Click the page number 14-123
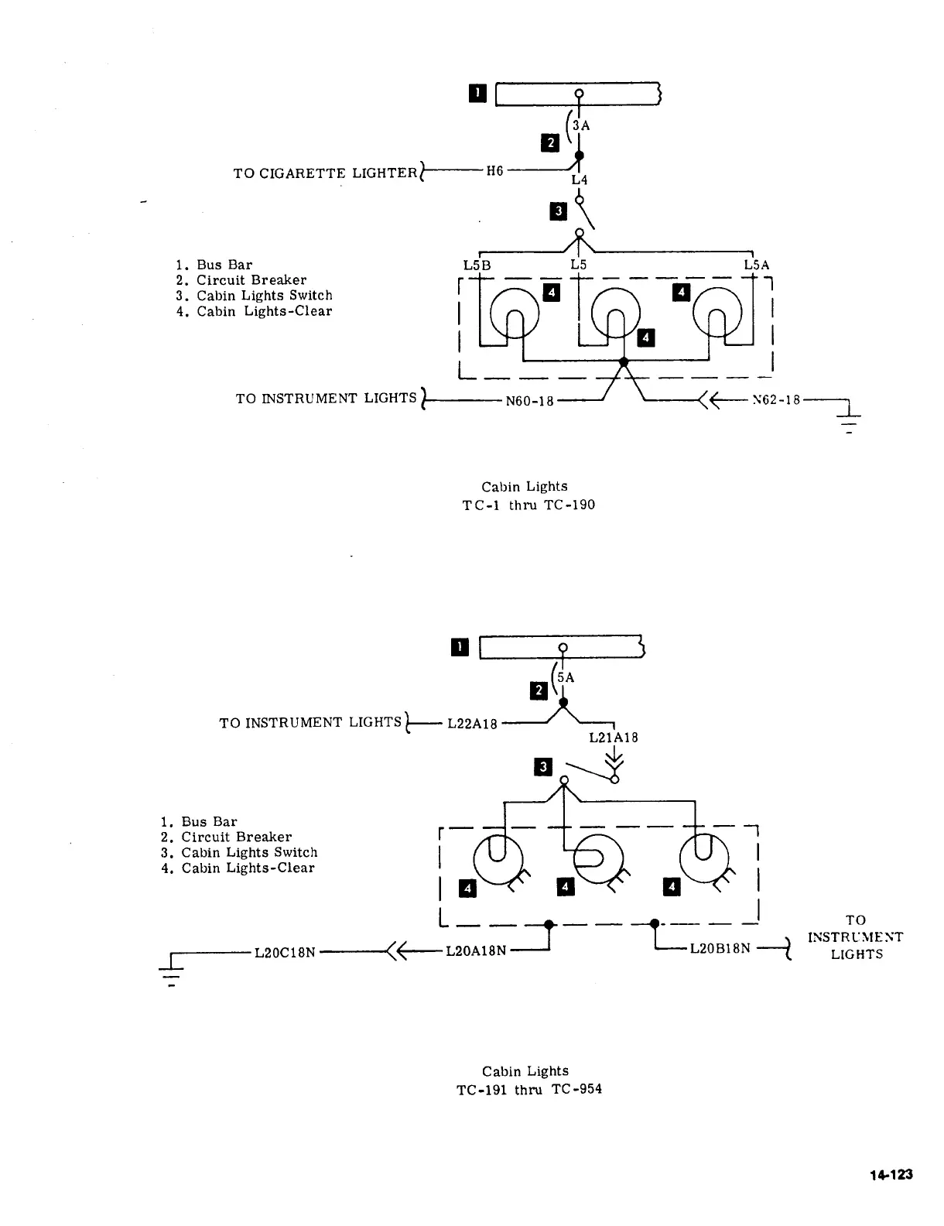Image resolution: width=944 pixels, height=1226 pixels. (891, 1175)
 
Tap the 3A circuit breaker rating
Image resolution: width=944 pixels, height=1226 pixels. (581, 125)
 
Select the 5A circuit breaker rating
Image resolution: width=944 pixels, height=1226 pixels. (566, 677)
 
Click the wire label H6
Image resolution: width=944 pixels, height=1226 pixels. (494, 170)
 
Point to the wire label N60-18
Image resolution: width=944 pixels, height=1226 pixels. (529, 401)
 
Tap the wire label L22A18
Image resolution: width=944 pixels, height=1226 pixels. (472, 724)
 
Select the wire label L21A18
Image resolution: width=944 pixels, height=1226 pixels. (614, 738)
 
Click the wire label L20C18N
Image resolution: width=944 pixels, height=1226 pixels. (285, 952)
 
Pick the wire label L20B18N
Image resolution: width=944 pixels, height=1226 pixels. (720, 948)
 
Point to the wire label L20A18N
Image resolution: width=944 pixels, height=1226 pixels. (476, 951)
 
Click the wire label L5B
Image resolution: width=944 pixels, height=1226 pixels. (477, 265)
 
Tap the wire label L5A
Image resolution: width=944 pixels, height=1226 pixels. (757, 265)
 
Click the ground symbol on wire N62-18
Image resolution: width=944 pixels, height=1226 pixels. (849, 422)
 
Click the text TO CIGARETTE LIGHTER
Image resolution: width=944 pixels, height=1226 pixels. (324, 173)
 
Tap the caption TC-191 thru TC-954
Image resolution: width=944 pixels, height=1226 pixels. (529, 1089)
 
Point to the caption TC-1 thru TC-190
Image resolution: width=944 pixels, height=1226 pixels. (528, 505)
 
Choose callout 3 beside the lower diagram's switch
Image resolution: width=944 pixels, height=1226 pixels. (543, 766)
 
